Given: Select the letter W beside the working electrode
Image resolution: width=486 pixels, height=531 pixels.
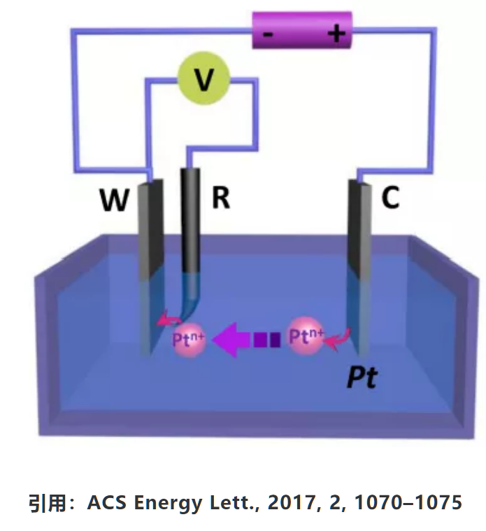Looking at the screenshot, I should click(x=113, y=201).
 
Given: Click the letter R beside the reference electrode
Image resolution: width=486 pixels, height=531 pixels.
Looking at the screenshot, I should click(x=220, y=198).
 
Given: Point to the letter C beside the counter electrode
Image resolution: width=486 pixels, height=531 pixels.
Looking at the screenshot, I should click(x=390, y=198).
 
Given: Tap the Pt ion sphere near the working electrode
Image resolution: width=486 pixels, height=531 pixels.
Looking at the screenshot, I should click(x=187, y=340).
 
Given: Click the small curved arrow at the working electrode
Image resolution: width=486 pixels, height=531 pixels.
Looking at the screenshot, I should click(x=166, y=321).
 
